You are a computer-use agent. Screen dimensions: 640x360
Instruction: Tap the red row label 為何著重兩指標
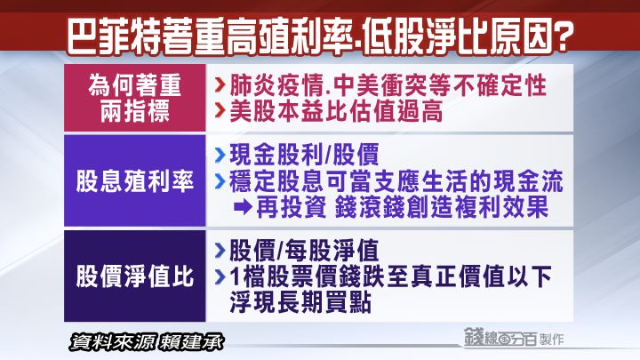pos(135,99)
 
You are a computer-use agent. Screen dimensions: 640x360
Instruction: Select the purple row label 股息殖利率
pos(135,181)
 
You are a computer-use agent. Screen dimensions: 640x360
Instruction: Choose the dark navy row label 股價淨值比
pos(135,276)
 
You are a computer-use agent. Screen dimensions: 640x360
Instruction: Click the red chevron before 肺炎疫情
pos(220,85)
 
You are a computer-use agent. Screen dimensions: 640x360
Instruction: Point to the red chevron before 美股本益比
pos(220,110)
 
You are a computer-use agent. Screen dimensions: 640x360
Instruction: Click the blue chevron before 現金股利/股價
pos(220,155)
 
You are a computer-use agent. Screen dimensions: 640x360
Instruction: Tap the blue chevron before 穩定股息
pos(220,181)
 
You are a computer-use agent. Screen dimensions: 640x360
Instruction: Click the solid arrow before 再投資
pos(243,207)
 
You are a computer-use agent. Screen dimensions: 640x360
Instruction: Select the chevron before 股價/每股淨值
pos(220,250)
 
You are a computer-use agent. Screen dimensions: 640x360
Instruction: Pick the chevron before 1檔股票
pos(220,276)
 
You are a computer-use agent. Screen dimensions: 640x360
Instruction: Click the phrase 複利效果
pos(501,207)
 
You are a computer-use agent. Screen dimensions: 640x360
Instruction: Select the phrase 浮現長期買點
pos(300,302)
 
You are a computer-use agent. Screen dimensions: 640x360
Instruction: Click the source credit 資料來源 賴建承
pos(147,342)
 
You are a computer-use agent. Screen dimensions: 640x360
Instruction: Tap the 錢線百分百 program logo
pos(500,338)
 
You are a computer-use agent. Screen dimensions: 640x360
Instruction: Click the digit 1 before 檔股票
pos(235,276)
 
